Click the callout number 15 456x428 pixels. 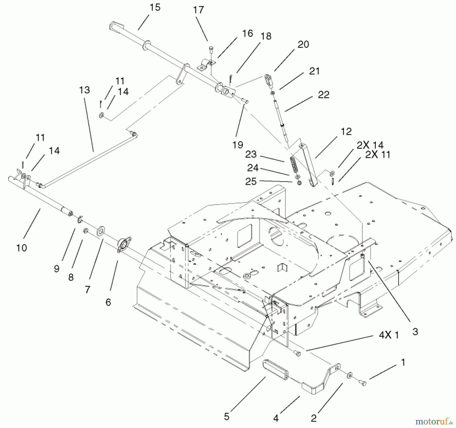[155, 8]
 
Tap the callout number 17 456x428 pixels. [198, 10]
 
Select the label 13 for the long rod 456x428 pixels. [84, 90]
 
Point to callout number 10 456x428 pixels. [22, 248]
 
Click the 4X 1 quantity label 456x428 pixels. [389, 335]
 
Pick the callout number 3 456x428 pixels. [415, 331]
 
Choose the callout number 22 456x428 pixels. [324, 95]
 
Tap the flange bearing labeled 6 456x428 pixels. [124, 245]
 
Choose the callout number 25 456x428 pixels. [251, 181]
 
